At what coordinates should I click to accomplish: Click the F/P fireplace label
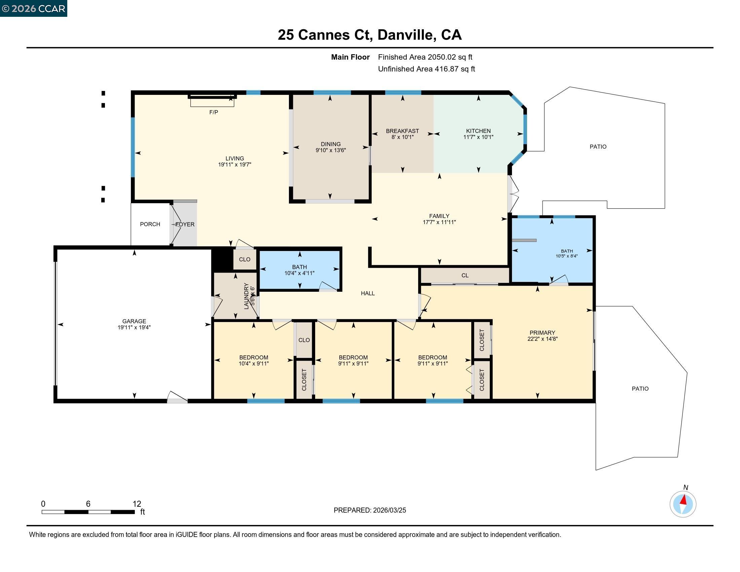(x=214, y=112)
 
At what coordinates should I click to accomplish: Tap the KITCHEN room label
(x=478, y=131)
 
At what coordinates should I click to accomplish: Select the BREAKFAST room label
(x=402, y=131)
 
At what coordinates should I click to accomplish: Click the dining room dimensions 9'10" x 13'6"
(x=330, y=150)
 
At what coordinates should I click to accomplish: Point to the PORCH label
(x=150, y=224)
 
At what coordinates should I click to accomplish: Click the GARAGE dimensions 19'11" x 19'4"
(x=134, y=327)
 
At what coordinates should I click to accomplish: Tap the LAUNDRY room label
(x=246, y=296)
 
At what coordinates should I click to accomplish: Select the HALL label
(x=368, y=293)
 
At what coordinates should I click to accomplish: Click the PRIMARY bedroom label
(x=542, y=332)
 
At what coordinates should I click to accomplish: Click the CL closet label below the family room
(x=465, y=275)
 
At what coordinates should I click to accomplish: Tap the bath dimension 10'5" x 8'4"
(x=566, y=256)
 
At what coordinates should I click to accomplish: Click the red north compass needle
(x=684, y=499)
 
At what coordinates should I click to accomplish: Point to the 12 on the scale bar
(x=137, y=504)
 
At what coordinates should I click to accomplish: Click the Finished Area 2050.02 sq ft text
(x=425, y=57)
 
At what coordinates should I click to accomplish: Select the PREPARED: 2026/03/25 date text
(x=370, y=510)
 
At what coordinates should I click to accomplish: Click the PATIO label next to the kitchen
(x=598, y=146)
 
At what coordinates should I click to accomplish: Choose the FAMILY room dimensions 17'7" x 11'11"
(x=439, y=222)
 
